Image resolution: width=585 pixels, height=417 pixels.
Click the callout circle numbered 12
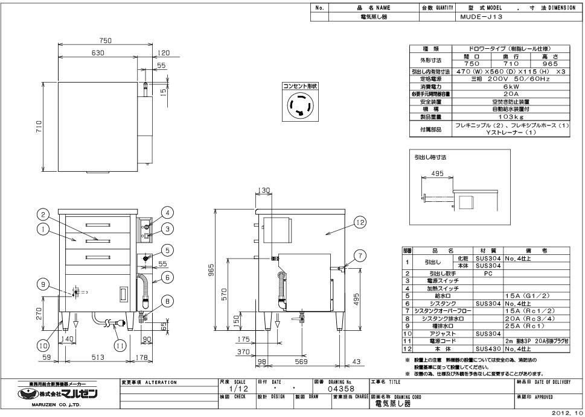point(360,222)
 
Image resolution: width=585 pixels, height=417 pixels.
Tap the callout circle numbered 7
point(360,256)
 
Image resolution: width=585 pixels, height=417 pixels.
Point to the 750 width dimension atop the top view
point(106,40)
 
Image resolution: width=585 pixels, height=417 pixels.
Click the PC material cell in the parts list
point(488,273)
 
